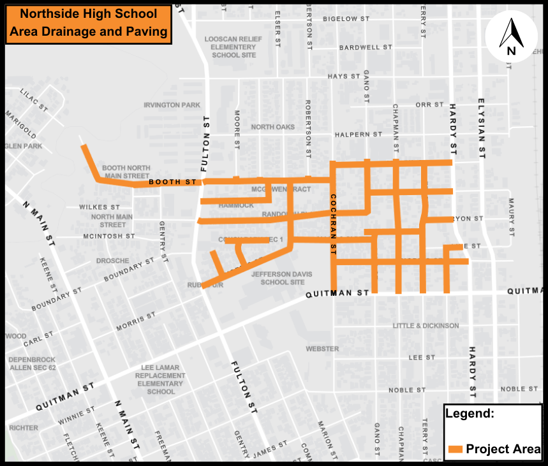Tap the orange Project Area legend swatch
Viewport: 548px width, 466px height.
(455, 449)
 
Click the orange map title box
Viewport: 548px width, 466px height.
(89, 24)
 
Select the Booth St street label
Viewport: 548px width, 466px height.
(173, 182)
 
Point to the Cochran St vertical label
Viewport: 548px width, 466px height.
(332, 225)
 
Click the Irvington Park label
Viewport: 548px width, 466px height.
(172, 105)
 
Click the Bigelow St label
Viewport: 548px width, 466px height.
(346, 20)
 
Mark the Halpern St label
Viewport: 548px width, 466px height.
(359, 135)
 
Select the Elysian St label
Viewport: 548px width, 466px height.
(482, 128)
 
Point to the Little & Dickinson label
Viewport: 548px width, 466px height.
(426, 326)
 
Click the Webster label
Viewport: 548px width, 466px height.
(322, 349)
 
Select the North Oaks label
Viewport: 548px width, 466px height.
(272, 127)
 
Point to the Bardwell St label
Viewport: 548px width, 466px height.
(366, 48)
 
